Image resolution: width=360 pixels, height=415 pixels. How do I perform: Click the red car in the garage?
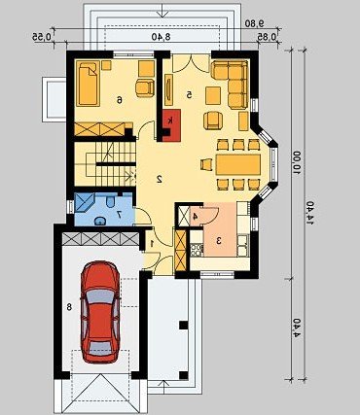tap(100, 312)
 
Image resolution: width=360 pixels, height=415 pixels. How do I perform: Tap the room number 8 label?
tap(69, 306)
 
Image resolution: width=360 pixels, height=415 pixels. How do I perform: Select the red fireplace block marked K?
tap(171, 125)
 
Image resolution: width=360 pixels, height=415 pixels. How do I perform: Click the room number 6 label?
tap(120, 100)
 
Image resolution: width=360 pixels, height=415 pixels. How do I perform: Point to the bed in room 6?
tap(89, 84)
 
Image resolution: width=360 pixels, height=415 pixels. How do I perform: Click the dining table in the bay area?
tap(238, 164)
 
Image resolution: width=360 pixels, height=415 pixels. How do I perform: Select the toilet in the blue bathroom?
tap(110, 202)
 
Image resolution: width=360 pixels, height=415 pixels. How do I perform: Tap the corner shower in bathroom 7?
tap(84, 203)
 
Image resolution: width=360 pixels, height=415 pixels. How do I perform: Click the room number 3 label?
tap(219, 241)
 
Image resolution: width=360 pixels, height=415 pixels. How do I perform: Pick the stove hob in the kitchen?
tap(197, 250)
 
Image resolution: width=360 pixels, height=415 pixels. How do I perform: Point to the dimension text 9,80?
tap(255, 23)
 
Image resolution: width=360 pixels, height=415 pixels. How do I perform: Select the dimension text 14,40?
tap(310, 213)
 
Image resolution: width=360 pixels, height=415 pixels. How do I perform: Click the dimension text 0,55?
tap(42, 37)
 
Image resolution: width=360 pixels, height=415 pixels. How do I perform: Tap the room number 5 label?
tap(190, 94)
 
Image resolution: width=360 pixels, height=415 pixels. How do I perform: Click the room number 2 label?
tap(160, 179)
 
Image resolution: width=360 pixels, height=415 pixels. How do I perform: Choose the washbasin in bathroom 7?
tap(100, 221)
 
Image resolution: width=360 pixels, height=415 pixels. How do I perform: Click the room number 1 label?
tap(152, 243)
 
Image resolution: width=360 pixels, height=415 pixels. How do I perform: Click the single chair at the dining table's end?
tap(206, 164)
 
